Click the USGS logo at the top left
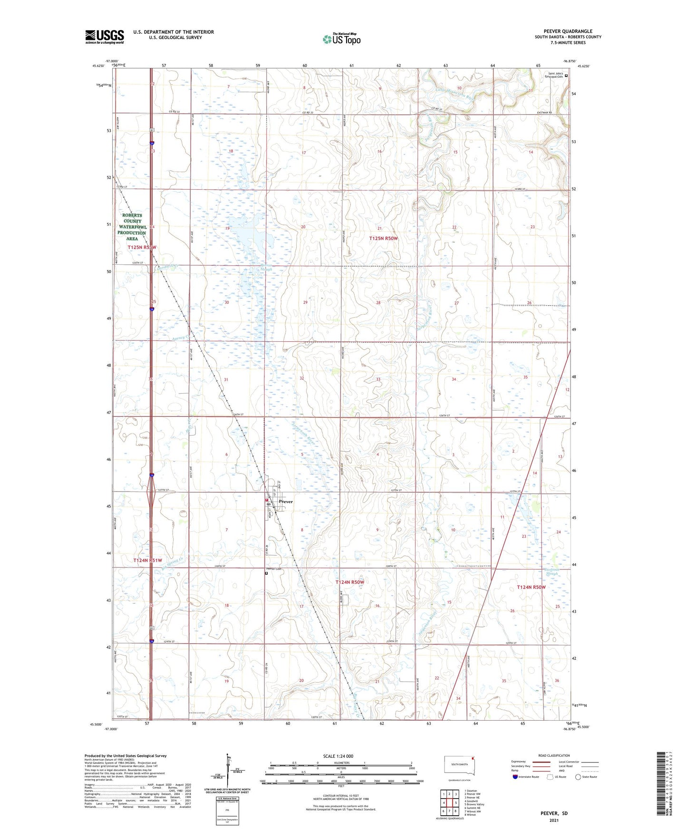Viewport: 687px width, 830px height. (x=105, y=37)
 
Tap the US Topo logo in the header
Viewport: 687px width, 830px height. (x=341, y=39)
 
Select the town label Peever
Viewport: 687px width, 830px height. (x=286, y=502)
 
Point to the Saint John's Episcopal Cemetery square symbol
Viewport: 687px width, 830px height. (x=566, y=75)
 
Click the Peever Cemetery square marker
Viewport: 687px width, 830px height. (x=266, y=573)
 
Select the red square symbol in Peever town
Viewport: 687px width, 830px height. (x=267, y=500)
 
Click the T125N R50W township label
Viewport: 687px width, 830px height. (x=383, y=238)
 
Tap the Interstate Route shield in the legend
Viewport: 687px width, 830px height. (x=515, y=777)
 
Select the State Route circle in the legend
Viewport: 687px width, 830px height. (x=578, y=777)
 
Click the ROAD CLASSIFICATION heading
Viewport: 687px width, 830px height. (x=554, y=755)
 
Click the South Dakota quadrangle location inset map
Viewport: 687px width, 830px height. (x=459, y=765)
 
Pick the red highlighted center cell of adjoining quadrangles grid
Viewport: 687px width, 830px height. (x=449, y=803)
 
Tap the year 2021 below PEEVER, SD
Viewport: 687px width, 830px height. (x=554, y=820)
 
